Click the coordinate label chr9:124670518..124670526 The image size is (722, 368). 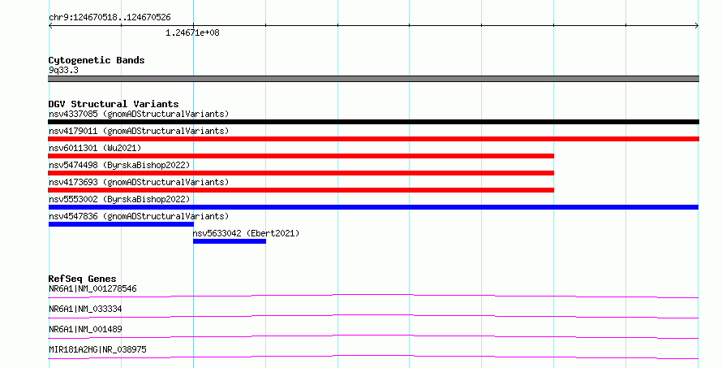pos(110,18)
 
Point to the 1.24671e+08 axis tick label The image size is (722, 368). pos(192,32)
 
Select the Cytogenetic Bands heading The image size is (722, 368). pos(97,60)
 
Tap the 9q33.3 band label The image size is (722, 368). pos(63,70)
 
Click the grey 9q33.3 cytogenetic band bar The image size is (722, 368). pos(373,79)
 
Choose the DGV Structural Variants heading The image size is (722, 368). pos(114,104)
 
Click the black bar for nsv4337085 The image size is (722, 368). pos(373,122)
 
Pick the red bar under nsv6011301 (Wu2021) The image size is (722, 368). pos(301,156)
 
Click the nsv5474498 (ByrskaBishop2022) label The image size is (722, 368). pos(119,165)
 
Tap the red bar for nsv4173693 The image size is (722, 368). pos(301,190)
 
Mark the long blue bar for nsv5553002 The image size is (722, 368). pos(373,207)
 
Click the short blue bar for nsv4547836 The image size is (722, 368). pos(121,224)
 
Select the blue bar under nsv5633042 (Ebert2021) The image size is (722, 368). pos(230,241)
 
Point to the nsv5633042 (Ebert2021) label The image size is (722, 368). pos(246,233)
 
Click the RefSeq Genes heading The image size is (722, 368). pos(82,279)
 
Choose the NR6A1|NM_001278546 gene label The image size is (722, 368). pos(92,288)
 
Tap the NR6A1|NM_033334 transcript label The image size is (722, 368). pos(85,309)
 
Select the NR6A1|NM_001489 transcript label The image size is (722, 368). pos(85,329)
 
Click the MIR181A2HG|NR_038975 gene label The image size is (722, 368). pos(97,349)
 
